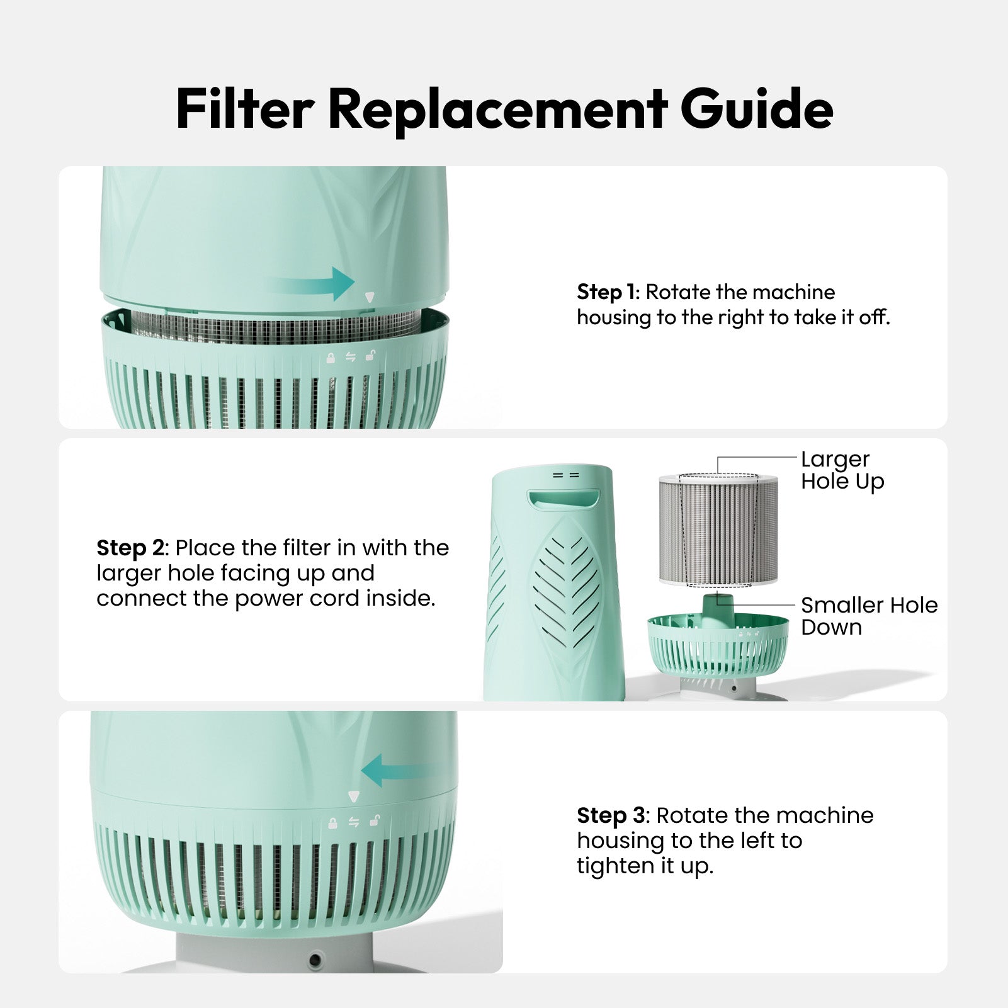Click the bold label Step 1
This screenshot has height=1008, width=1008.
[x=607, y=292]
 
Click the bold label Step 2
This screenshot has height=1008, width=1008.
[x=130, y=548]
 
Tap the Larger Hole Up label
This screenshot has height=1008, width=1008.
[x=841, y=470]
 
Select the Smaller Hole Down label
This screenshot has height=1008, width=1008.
[x=868, y=616]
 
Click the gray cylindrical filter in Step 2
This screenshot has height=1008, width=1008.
[x=718, y=530]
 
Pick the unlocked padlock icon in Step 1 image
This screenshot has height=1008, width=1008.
[x=371, y=356]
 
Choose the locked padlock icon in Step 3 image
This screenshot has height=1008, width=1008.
[x=332, y=823]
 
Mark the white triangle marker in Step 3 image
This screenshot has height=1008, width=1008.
[x=353, y=796]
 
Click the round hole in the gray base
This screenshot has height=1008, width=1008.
[x=314, y=960]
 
